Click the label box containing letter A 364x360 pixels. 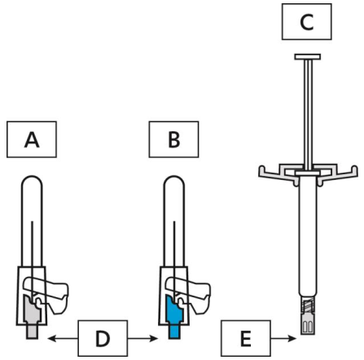pos(32,139)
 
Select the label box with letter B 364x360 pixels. pos(173,139)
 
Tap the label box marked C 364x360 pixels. pos(307,22)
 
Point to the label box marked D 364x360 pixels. pos(103,338)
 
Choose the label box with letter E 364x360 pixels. pos(246,338)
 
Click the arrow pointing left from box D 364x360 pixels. pos(63,338)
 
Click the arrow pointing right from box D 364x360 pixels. pos(143,338)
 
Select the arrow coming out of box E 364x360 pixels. pos(283,338)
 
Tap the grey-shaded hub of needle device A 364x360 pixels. pos(32,316)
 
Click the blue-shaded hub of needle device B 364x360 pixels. pos(174,316)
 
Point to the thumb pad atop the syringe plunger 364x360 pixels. pos(308,57)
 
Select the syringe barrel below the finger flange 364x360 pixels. pos(308,236)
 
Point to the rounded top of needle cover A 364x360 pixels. pos(32,182)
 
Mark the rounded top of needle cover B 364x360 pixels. pos(174,182)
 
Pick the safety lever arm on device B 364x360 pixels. pos(195,292)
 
